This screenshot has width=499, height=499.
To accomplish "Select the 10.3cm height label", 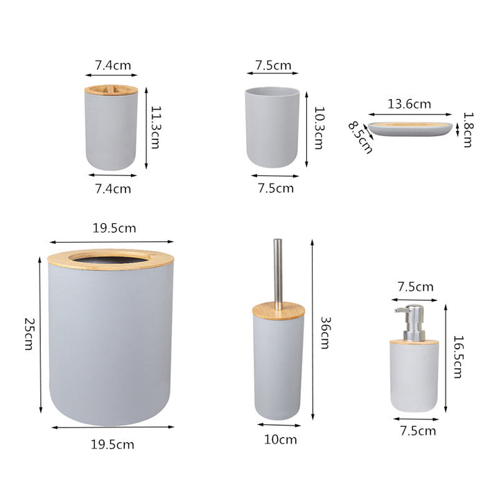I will (318, 127).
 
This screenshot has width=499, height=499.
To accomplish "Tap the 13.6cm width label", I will (409, 104).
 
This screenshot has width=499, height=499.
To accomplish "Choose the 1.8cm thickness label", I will (468, 130).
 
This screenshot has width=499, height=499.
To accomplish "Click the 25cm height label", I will (28, 333).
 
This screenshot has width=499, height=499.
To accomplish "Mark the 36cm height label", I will (325, 333).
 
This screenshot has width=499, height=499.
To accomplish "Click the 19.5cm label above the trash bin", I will (114, 228).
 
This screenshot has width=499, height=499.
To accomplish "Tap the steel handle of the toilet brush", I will (278, 270).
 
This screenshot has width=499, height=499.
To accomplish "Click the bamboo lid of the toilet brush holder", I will (279, 309).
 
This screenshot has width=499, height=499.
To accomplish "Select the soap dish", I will (410, 128).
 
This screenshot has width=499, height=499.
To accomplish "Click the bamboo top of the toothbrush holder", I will (111, 89).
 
